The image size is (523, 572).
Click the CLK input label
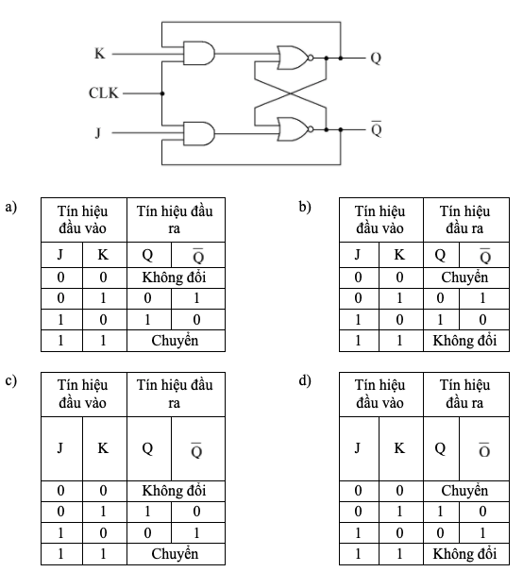pyautogui.click(x=104, y=93)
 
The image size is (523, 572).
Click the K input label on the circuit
pyautogui.click(x=100, y=54)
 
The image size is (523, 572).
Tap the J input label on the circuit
pyautogui.click(x=98, y=132)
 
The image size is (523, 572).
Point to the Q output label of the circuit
pyautogui.click(x=376, y=58)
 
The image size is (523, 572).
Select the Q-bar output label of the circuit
pyautogui.click(x=377, y=128)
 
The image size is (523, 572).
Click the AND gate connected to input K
pyautogui.click(x=199, y=54)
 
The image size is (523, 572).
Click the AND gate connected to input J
pyautogui.click(x=199, y=133)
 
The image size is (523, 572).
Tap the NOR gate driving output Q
pyautogui.click(x=295, y=58)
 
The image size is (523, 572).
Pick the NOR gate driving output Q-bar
pyautogui.click(x=295, y=129)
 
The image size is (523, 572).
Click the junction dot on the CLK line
pyautogui.click(x=162, y=93)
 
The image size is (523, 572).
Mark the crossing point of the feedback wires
pyautogui.click(x=291, y=93)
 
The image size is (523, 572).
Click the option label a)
pyautogui.click(x=11, y=208)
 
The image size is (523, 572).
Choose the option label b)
pyautogui.click(x=305, y=207)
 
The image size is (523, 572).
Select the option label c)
pyautogui.click(x=11, y=380)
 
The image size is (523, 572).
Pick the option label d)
pyautogui.click(x=305, y=380)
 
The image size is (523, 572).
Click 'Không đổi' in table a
pyautogui.click(x=174, y=278)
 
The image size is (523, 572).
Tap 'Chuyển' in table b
pyautogui.click(x=464, y=278)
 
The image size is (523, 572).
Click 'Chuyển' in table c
pyautogui.click(x=175, y=554)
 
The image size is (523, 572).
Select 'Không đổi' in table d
pyautogui.click(x=464, y=554)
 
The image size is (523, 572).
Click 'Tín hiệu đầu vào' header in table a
pyautogui.click(x=83, y=220)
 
